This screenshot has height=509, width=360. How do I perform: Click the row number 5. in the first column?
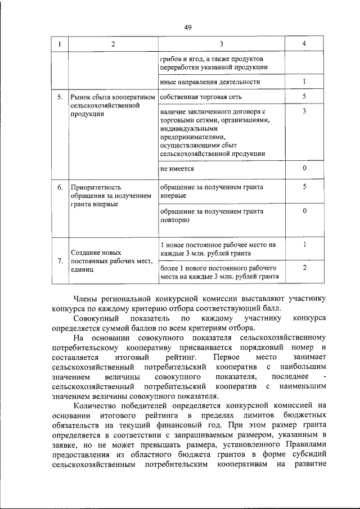coord(60,97)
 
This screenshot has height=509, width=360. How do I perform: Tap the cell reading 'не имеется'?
coord(177,168)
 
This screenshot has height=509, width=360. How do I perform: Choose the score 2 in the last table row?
coord(304,268)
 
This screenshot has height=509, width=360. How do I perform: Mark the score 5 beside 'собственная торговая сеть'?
coord(304,97)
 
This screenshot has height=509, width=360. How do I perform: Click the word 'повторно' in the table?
coord(175,220)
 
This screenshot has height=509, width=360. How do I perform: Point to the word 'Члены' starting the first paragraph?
coord(87,299)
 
